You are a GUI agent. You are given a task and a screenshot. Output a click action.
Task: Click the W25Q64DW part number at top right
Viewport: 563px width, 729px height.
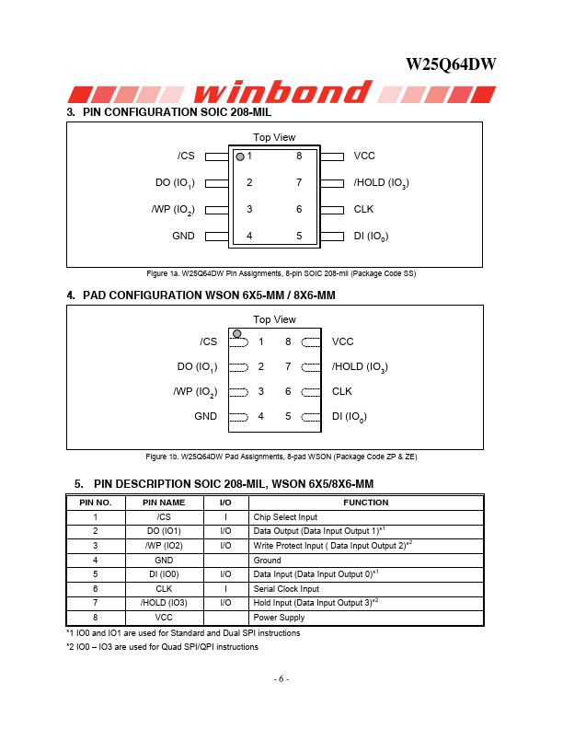tap(451, 64)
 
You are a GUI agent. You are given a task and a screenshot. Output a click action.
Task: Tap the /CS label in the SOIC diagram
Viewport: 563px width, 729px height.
tap(186, 156)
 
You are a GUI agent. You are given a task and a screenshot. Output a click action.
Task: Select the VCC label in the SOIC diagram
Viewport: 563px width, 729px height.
tap(364, 156)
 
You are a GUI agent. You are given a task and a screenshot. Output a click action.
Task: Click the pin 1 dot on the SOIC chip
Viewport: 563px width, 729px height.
tap(240, 157)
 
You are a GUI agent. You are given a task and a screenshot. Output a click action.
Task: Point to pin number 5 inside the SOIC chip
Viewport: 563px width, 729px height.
tap(299, 236)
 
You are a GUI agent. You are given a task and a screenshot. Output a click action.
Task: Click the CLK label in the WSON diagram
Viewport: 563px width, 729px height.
tap(342, 391)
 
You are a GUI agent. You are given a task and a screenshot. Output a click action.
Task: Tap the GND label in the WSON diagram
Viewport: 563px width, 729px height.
tap(206, 416)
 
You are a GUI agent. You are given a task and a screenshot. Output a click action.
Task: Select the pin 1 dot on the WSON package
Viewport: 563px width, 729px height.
tap(237, 332)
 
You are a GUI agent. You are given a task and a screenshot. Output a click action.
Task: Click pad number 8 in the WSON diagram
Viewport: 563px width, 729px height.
tap(288, 341)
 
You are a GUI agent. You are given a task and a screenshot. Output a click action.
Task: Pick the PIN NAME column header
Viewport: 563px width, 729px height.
tap(164, 503)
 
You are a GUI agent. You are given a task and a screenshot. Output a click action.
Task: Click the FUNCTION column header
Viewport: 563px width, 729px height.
tap(366, 503)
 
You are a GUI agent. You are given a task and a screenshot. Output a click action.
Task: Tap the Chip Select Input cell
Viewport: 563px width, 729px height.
tap(286, 517)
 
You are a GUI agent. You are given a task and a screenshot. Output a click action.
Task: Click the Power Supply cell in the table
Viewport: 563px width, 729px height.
tap(279, 618)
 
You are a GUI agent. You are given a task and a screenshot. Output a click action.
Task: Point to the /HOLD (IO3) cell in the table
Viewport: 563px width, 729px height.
tap(164, 603)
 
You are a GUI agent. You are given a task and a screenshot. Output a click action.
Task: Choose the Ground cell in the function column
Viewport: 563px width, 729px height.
tap(268, 560)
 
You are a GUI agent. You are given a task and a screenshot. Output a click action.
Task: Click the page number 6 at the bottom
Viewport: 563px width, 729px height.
tap(281, 679)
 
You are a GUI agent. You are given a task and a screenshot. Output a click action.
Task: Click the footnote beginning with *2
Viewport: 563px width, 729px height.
tap(162, 647)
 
